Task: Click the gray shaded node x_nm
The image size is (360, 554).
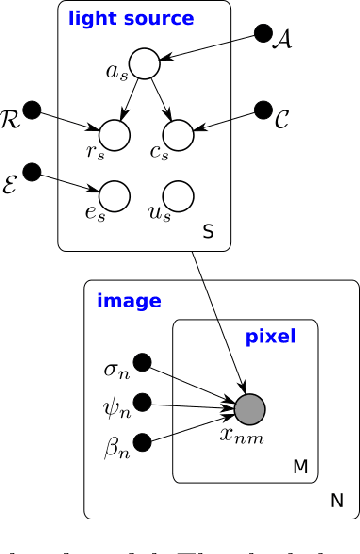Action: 249,408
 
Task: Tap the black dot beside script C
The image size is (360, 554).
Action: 264,107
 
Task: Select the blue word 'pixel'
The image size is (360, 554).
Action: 270,337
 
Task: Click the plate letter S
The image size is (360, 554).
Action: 209,232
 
